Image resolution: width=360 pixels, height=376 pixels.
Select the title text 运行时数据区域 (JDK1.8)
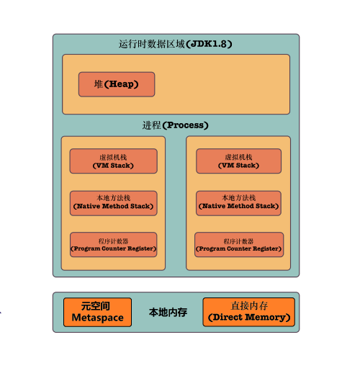tap(175, 44)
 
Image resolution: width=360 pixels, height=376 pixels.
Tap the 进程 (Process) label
tap(175, 125)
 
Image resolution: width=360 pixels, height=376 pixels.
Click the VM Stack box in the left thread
tap(113, 161)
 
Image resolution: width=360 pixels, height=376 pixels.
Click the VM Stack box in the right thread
tap(238, 161)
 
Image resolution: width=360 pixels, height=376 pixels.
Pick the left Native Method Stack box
tap(113, 203)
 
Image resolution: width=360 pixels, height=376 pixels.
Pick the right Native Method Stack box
tap(238, 203)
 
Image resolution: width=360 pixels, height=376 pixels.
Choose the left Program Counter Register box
tap(113, 245)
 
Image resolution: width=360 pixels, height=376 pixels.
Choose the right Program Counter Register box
tap(238, 245)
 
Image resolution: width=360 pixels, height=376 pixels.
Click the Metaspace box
tap(98, 312)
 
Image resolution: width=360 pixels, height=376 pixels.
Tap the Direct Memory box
tap(249, 312)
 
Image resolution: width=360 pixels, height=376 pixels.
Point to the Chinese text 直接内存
tap(249, 306)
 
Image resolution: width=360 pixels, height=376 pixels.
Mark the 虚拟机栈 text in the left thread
tap(113, 156)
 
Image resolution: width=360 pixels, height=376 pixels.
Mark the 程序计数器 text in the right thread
tap(238, 241)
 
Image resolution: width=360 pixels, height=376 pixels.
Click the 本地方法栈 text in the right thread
tap(238, 198)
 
